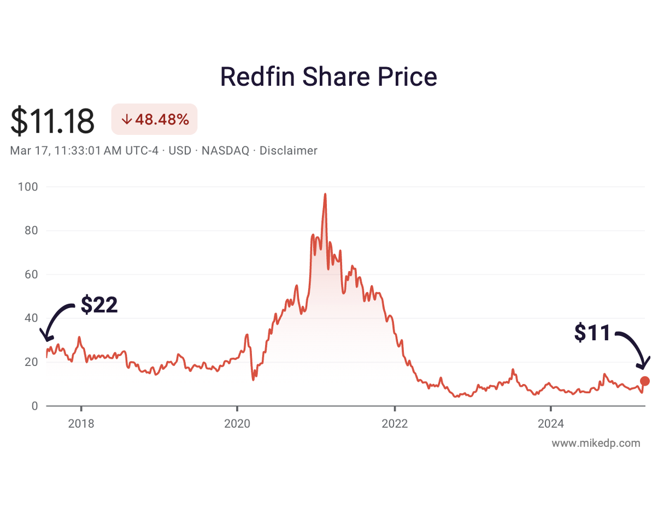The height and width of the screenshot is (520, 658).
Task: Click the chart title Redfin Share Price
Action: pos(328,77)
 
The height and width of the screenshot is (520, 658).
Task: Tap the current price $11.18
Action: pos(52,121)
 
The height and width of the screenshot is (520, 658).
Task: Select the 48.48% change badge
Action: pos(154,119)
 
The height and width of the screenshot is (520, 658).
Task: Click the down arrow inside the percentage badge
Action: pos(126,120)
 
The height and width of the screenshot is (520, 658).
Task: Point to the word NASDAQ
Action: pos(225,151)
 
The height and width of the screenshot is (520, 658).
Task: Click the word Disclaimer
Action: pos(288,151)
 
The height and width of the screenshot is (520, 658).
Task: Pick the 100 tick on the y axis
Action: pos(28,187)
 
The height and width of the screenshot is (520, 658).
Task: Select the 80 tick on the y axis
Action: pos(30,231)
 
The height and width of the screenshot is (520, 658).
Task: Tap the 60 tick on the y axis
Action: pos(30,275)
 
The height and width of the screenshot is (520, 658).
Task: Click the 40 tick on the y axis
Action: pos(30,318)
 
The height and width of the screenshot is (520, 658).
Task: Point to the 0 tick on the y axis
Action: pos(34,406)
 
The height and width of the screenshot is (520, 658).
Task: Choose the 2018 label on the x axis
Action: pos(81,423)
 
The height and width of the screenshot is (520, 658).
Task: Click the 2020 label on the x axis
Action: pos(237,423)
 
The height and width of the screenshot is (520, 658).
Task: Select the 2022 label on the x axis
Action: pos(394,423)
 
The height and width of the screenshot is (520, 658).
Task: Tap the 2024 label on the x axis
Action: pos(550,423)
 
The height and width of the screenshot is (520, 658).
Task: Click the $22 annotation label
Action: pos(99,305)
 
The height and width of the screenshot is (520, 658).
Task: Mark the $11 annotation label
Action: pos(592,333)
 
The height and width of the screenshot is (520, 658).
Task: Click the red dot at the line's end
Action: pos(645,381)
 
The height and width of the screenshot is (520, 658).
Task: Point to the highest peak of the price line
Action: pos(325,194)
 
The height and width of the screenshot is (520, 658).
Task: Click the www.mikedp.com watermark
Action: pos(596,443)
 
